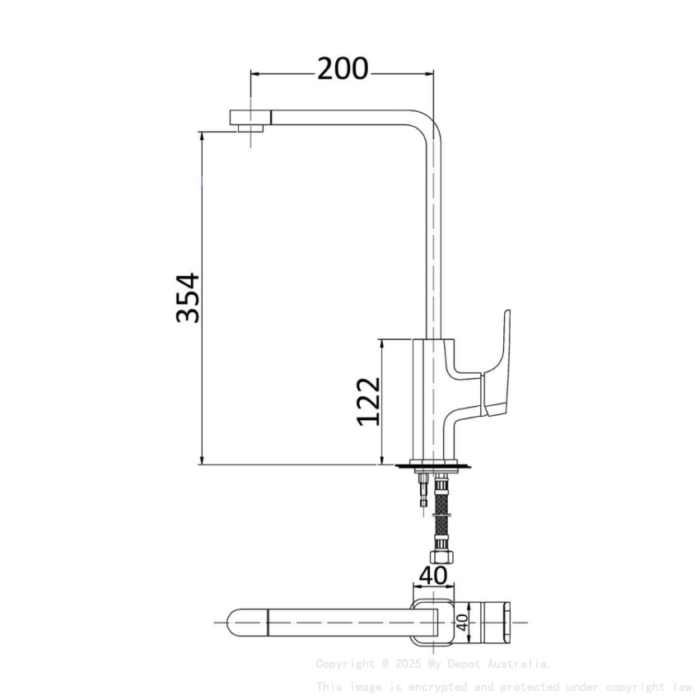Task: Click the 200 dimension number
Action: pos(343,70)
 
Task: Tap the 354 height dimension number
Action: pos(188,298)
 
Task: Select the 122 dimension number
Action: pos(368,402)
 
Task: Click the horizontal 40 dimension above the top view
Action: pos(435,575)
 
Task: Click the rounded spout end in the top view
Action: pos(233,623)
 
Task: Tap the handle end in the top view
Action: pos(504,623)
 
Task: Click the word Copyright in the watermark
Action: pos(345,664)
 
